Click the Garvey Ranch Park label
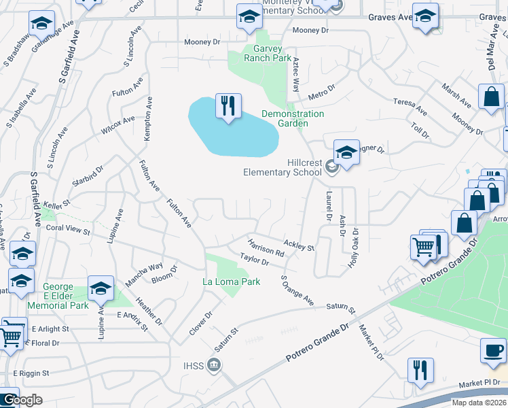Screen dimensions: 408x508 (x=263, y=53)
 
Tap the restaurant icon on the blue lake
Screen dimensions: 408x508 (x=228, y=106)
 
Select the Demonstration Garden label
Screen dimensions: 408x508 (x=293, y=118)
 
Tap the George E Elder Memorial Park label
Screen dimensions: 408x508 (x=66, y=296)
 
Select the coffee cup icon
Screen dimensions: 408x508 (x=492, y=352)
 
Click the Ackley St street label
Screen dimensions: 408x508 (x=299, y=244)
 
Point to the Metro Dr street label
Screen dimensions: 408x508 (x=322, y=90)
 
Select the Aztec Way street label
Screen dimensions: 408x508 (x=296, y=75)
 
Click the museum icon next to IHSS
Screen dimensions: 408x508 (x=213, y=366)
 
